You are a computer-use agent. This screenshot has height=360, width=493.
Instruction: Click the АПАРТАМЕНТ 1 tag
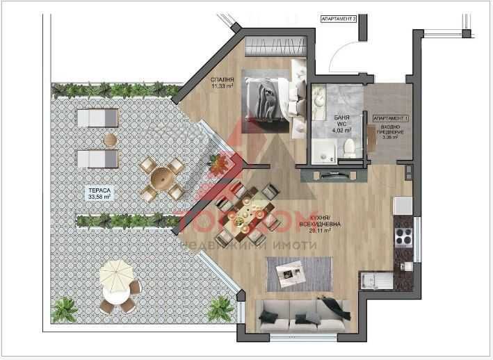tap(390, 119)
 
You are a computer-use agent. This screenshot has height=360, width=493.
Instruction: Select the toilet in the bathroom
tap(350, 146)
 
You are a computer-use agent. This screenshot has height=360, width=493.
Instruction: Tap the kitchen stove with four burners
tap(404, 238)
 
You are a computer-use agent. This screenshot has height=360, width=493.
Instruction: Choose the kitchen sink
tap(377, 281)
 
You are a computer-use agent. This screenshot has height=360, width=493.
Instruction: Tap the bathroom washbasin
tap(321, 102)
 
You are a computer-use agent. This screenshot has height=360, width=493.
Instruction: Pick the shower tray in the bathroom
tap(323, 150)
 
